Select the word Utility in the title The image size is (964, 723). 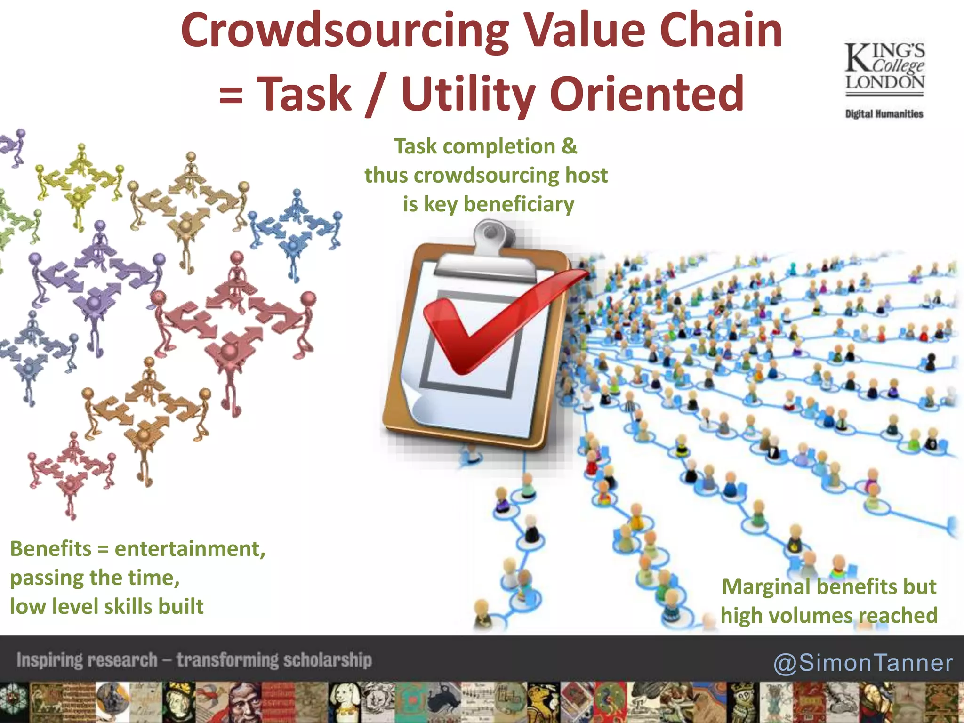point(468,94)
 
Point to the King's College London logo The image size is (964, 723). point(884,68)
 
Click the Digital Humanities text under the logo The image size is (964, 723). point(884,114)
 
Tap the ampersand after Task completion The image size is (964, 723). point(569,146)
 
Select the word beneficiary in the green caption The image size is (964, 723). point(519,204)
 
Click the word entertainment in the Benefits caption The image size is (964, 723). point(190,549)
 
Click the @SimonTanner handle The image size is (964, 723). point(863,663)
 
